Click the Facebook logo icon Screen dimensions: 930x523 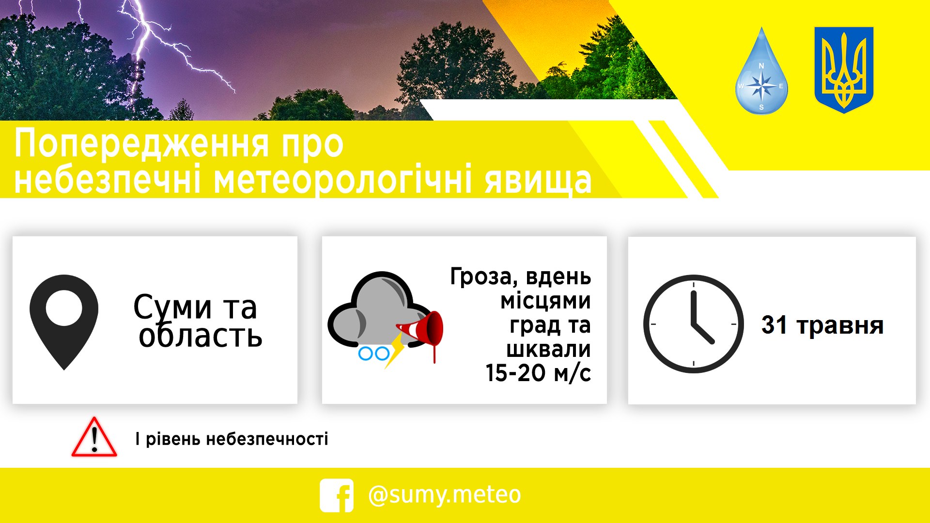[x=337, y=495]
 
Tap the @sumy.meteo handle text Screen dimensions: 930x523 [x=445, y=495]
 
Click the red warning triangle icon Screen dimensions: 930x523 [x=94, y=437]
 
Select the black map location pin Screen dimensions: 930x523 [x=64, y=322]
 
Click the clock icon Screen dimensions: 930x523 [x=694, y=324]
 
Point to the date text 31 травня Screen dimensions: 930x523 [x=822, y=325]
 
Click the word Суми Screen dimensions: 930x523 [x=173, y=307]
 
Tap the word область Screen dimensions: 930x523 [x=201, y=335]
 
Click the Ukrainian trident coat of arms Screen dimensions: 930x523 [x=844, y=70]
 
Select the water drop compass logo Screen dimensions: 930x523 [x=761, y=71]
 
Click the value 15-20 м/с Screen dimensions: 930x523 [x=538, y=373]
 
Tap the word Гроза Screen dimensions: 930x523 [x=481, y=277]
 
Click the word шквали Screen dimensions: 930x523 [x=548, y=349]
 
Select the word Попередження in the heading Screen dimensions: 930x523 [x=141, y=143]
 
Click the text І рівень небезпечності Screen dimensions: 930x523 [x=232, y=439]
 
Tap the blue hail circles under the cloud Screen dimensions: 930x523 [x=373, y=353]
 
